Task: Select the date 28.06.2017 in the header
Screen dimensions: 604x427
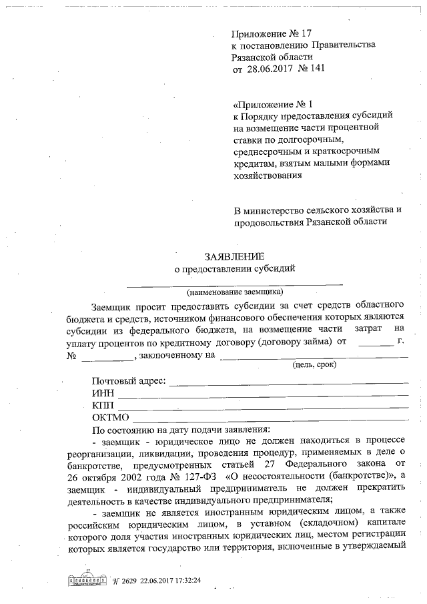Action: click(270, 69)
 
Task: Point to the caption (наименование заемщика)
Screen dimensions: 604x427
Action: click(235, 292)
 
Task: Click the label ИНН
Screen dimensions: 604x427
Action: click(103, 394)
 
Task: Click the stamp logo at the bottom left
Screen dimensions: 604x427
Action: click(85, 580)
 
